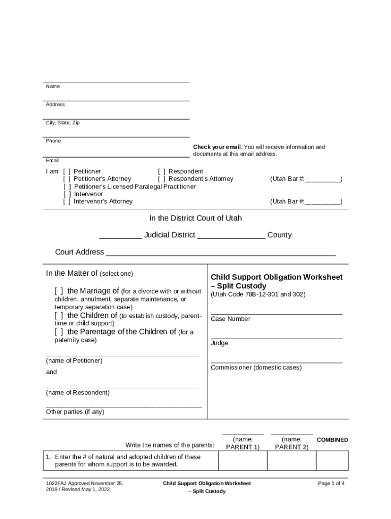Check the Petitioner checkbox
coord(67,172)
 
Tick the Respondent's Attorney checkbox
coord(161,179)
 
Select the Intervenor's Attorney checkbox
coord(67,202)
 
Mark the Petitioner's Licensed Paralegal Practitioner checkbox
coord(67,187)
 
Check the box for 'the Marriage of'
coord(59,291)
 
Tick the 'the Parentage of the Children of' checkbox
coord(59,332)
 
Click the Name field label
coord(53,87)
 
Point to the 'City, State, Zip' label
coord(62,123)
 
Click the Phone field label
coord(53,141)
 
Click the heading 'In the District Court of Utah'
coord(195,218)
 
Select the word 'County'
coord(279,235)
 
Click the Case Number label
coord(231,319)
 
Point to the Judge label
coord(219,343)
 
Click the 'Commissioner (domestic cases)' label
coord(256,368)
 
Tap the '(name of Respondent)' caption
coord(78,393)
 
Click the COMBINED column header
coord(332,440)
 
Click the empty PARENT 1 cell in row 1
coord(242,461)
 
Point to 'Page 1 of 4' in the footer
coord(331,484)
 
